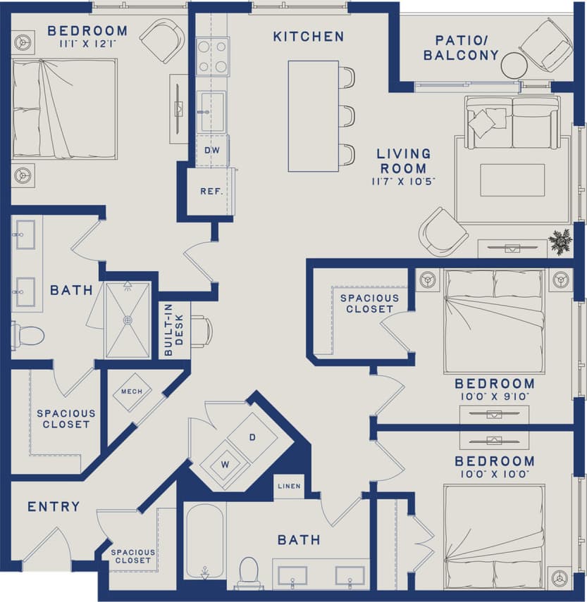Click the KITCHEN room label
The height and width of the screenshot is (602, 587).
point(309,36)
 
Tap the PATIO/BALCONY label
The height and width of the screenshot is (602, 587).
point(466,47)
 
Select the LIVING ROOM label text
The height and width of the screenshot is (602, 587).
point(403,161)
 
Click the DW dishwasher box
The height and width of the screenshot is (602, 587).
point(212,151)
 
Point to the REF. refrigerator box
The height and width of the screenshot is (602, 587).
point(211,191)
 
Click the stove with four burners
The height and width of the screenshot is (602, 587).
point(212,56)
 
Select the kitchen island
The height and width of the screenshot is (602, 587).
point(313,116)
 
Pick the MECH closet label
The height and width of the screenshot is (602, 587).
point(132,391)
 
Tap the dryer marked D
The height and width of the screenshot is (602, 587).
point(252,437)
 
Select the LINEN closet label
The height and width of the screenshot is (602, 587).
point(289,487)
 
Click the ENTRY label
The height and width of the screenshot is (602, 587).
point(54,507)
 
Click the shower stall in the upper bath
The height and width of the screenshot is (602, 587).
point(128,320)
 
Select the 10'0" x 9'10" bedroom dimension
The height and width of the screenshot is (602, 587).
point(494,396)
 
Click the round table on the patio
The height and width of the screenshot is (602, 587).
point(514,65)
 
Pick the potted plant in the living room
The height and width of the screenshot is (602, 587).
point(561,241)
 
